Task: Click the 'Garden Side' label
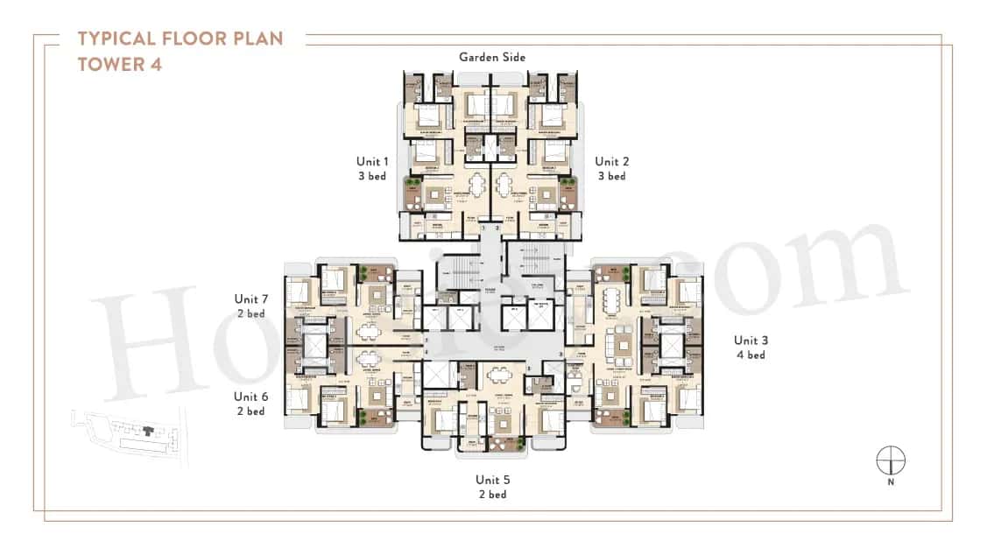point(492,57)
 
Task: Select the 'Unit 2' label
point(611,161)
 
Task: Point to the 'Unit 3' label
point(750,340)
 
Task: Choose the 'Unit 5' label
point(491,479)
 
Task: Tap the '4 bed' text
point(750,355)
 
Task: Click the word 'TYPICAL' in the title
point(117,39)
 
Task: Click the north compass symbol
point(891,460)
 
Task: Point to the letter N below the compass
point(891,481)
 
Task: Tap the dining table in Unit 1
point(476,186)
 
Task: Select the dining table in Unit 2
point(505,186)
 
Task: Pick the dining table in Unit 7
point(368,331)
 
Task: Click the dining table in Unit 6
point(368,359)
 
